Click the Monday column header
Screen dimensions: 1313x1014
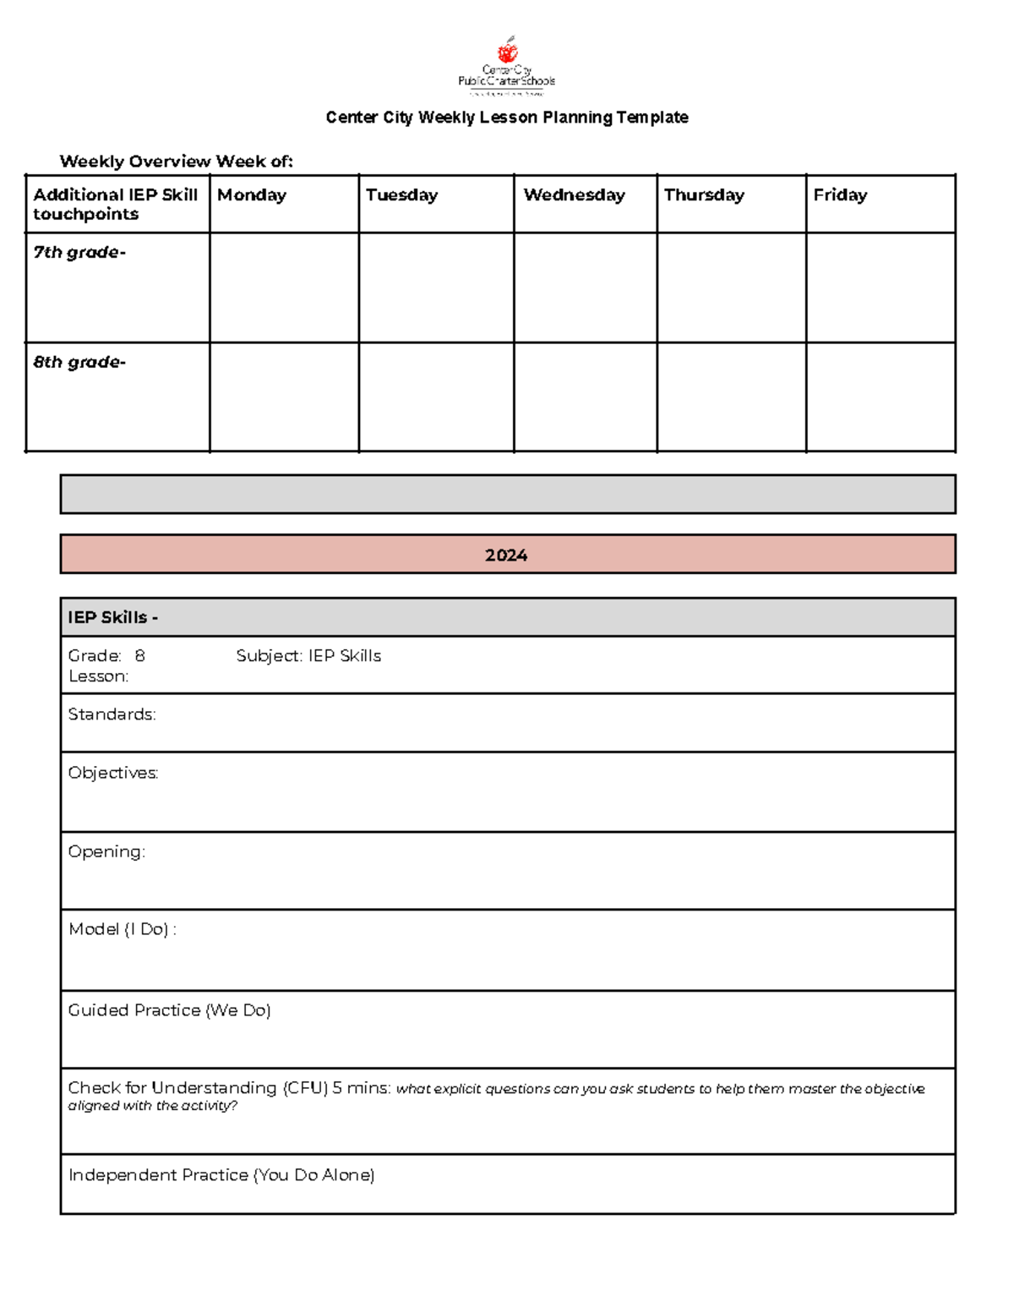[252, 195]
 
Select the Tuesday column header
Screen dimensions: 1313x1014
[401, 195]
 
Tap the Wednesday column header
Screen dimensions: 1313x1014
[574, 195]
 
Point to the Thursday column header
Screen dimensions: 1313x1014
[704, 195]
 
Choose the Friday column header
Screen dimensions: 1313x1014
[840, 195]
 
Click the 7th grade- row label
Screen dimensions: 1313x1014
[79, 252]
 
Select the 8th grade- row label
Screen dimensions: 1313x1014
[79, 362]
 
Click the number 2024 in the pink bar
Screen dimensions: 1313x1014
[506, 555]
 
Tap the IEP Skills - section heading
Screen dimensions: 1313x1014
[112, 617]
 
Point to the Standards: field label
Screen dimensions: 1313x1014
[112, 714]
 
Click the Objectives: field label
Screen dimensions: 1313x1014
[113, 773]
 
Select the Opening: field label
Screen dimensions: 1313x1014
[106, 851]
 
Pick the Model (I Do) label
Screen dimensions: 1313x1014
[123, 929]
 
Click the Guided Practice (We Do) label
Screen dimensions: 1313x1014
[169, 1010]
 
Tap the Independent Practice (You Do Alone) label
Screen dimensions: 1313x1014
[221, 1175]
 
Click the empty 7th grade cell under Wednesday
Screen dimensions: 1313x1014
[585, 287]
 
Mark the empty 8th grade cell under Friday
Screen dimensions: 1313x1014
[880, 397]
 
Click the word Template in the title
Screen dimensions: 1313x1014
[651, 118]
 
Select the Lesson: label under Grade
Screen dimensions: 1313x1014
[98, 676]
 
